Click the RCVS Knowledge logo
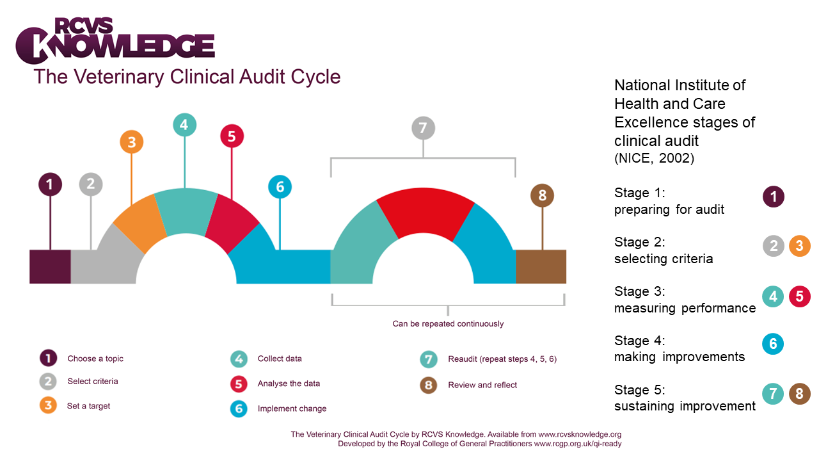coord(115,42)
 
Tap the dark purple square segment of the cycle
coord(50,266)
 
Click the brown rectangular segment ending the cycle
coord(541,266)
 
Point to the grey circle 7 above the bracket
coord(423,128)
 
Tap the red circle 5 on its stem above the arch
coord(232,136)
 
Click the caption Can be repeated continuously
coord(448,324)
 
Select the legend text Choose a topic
coord(95,359)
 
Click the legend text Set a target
coord(88,406)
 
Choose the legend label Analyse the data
coord(289,384)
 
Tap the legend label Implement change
coord(292,408)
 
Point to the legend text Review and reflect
coord(482,385)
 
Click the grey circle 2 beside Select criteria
coord(48,382)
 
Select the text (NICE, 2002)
coord(653,158)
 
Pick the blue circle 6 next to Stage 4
coord(773,344)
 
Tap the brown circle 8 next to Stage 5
coord(799,393)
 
